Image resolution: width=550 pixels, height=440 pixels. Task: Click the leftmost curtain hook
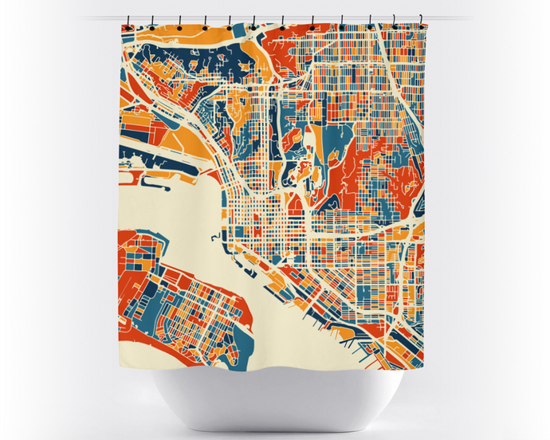(x=128, y=26)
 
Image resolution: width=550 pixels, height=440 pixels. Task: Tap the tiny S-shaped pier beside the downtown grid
(x=214, y=238)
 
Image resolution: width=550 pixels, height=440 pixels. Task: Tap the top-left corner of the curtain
(x=122, y=26)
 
